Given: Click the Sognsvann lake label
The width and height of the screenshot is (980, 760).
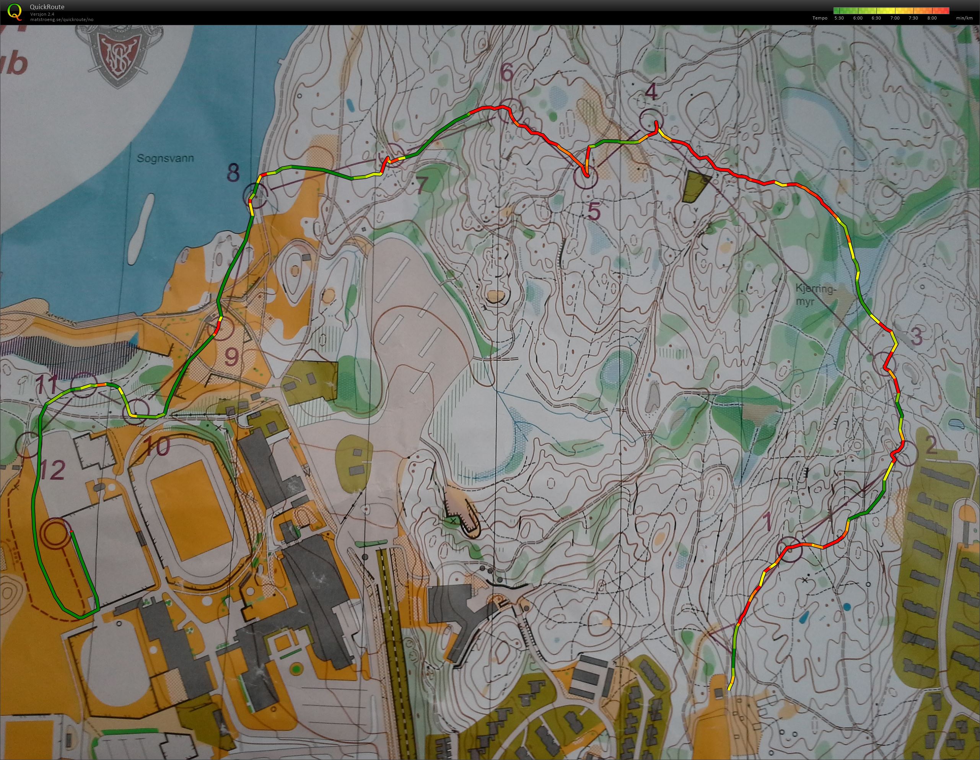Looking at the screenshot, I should [x=166, y=158].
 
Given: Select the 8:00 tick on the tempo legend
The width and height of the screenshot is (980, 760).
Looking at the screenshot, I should [x=931, y=18].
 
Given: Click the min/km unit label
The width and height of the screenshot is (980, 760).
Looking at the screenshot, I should [x=964, y=18].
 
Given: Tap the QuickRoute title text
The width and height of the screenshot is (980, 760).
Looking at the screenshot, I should [x=47, y=7].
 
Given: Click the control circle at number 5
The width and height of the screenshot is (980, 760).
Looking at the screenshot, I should [x=586, y=177].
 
